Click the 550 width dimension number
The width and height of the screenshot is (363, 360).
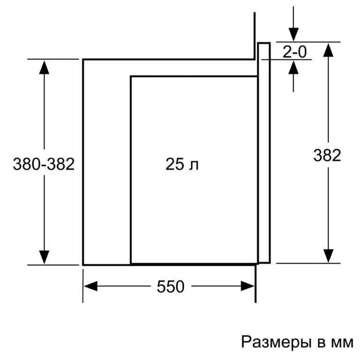[170, 287]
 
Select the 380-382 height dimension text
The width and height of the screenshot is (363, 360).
[44, 164]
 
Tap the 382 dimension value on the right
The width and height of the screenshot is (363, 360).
[327, 155]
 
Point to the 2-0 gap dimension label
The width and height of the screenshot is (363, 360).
[295, 52]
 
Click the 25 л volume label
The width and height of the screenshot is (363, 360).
[182, 164]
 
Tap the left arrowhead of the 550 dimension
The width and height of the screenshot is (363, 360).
[90, 286]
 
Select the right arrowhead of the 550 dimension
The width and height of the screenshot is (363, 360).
[247, 286]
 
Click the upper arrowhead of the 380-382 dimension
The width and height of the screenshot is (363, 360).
[44, 67]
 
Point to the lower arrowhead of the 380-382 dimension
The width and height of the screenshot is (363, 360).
[44, 257]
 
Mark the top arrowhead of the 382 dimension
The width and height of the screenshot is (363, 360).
[328, 50]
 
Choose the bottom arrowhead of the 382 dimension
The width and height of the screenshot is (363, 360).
[328, 256]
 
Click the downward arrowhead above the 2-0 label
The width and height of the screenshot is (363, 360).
[294, 35]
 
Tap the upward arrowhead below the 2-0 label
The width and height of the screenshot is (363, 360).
[294, 67]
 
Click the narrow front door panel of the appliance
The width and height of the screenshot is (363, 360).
[264, 153]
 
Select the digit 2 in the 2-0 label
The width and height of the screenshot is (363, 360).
[287, 52]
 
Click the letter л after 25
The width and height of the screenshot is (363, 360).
[194, 166]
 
